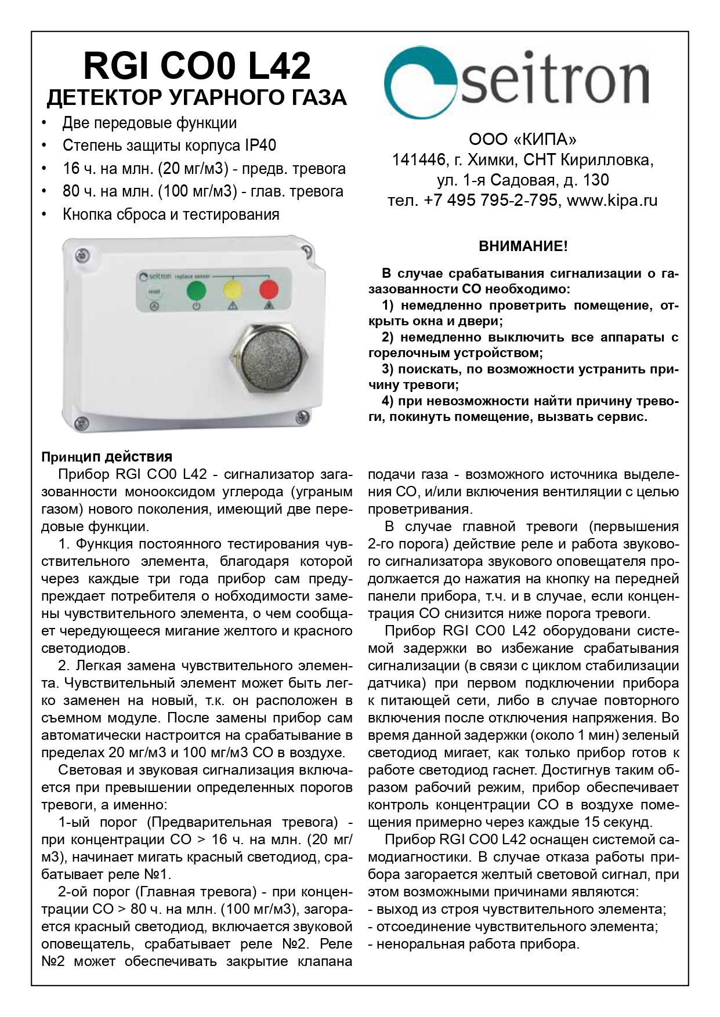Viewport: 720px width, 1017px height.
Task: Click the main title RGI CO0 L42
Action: click(197, 66)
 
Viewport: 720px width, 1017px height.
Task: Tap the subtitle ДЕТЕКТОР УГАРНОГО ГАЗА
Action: click(197, 97)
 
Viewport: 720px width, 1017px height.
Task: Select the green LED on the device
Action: click(197, 289)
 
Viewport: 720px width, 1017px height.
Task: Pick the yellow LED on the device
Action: click(233, 289)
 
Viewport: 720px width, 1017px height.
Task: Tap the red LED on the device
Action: click(268, 289)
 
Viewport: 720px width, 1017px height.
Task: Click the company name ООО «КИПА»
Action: click(522, 140)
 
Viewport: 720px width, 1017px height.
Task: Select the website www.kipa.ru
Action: click(612, 201)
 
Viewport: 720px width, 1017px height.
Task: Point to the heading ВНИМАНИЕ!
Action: click(523, 246)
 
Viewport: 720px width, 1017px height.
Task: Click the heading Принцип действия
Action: click(107, 457)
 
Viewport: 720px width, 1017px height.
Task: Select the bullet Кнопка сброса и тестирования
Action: click(171, 215)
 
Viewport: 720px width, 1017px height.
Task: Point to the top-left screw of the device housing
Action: click(84, 255)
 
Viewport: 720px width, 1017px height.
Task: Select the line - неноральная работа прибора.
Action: click(473, 944)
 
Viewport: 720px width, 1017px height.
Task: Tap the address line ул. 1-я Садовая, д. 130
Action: click(522, 180)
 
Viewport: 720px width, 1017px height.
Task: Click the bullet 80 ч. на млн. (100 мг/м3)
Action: click(202, 191)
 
